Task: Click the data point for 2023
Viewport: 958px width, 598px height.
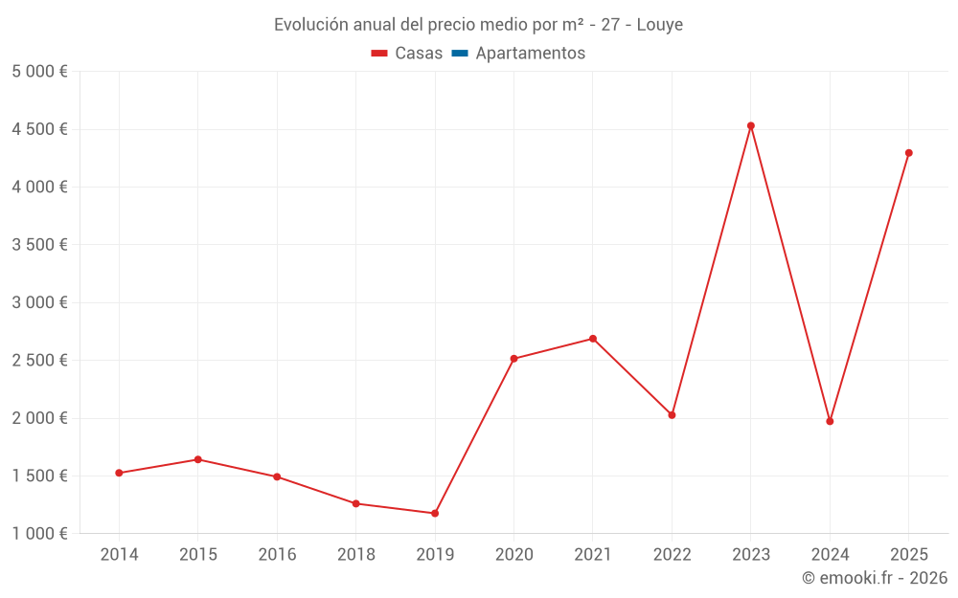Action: (751, 125)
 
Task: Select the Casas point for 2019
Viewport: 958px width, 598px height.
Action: (435, 514)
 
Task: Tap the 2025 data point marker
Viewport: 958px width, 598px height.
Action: (909, 153)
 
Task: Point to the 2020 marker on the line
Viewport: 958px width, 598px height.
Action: (513, 359)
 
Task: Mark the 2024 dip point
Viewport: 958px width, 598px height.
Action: (830, 421)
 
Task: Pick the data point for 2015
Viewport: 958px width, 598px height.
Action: (197, 459)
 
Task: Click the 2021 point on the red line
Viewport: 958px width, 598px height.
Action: (593, 339)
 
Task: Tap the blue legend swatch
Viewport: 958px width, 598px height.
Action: (459, 54)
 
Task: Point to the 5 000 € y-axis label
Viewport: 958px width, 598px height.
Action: (39, 72)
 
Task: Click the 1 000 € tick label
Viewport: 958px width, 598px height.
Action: (39, 534)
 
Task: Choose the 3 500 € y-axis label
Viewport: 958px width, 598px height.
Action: (39, 245)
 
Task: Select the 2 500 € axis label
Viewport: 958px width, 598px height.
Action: (39, 361)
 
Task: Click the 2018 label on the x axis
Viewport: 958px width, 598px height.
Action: (356, 555)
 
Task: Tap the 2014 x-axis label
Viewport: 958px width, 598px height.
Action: (119, 555)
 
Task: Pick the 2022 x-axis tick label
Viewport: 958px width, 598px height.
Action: (672, 555)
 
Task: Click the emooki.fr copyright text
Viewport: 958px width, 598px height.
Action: (875, 578)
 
